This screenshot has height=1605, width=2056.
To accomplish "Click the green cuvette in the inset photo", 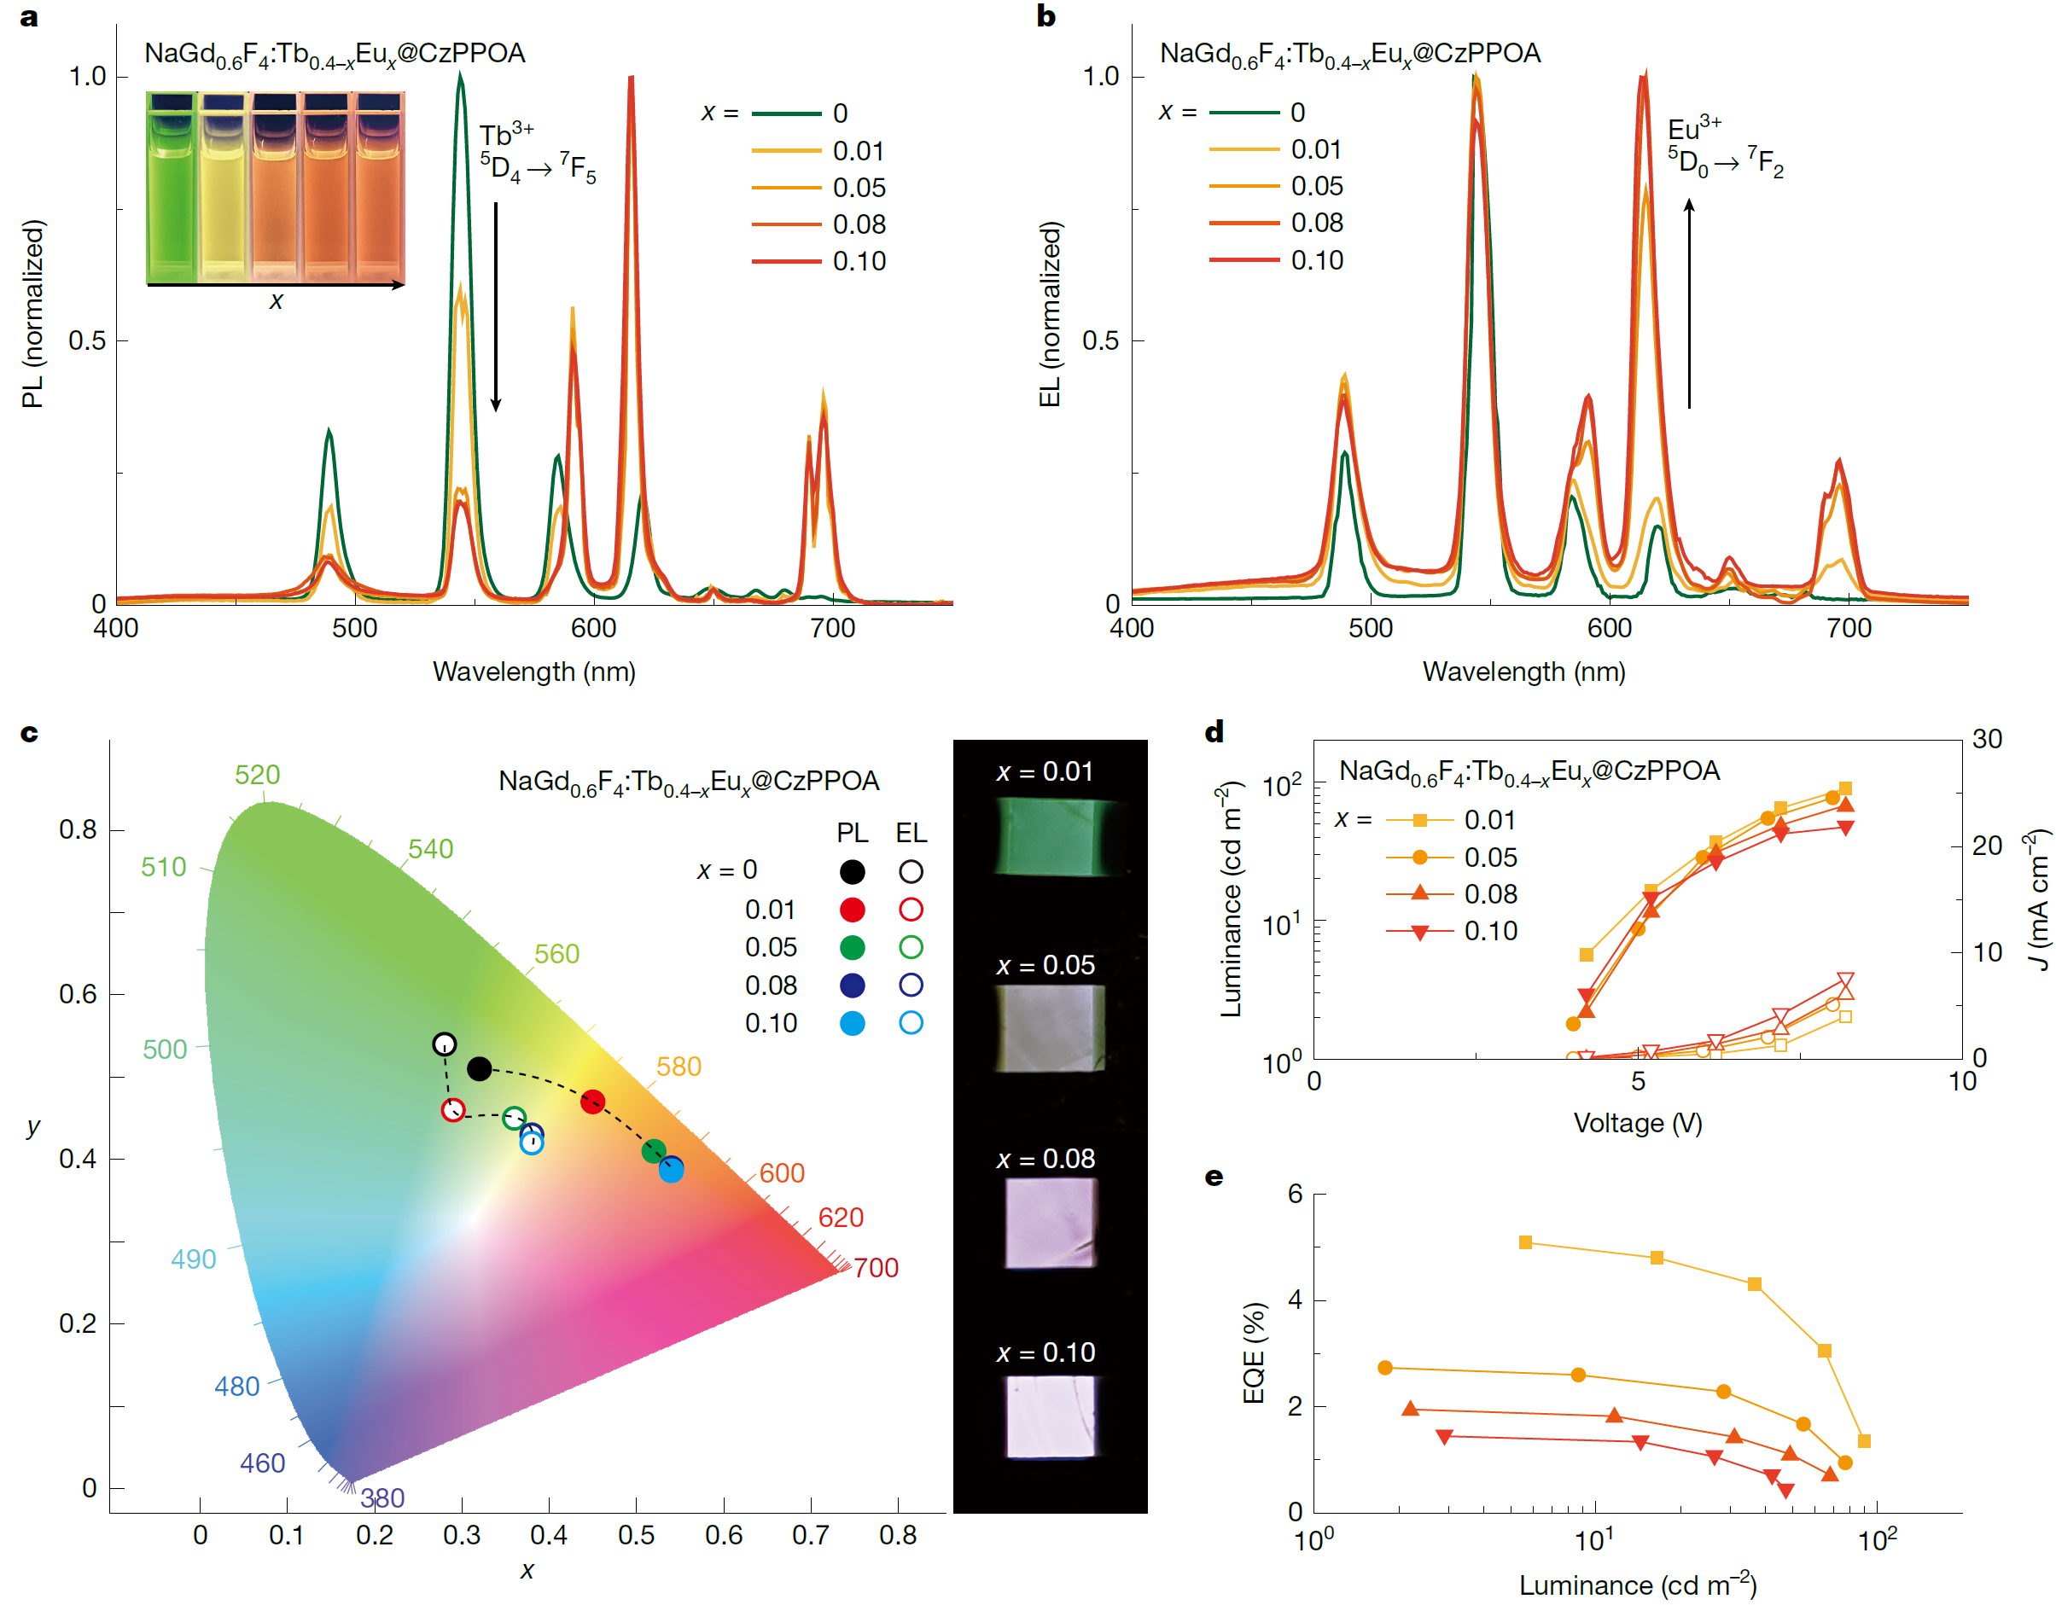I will pos(172,189).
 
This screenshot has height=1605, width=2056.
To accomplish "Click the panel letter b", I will pos(1045,16).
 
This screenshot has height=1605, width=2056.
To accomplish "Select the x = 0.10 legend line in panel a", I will pos(786,261).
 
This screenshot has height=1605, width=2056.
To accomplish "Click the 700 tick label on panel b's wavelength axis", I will pos(1848,628).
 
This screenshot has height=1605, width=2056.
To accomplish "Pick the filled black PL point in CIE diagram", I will pos(479,1068).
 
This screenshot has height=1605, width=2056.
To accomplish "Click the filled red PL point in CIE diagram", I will pos(592,1102).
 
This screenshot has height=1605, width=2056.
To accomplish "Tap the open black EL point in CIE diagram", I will pos(445,1044).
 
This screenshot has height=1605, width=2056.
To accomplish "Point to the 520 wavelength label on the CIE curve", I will pos(257,775).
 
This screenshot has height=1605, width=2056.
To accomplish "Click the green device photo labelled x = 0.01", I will pos(1049,836).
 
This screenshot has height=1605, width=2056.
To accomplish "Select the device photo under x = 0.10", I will pos(1051,1416).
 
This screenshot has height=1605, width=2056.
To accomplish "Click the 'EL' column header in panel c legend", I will pos(911,833).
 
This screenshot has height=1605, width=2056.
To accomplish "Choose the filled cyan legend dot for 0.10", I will pos(852,1023).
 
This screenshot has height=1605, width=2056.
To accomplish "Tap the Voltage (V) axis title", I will pos(1637,1123).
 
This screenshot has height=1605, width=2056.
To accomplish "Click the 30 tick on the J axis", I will pos(1986,739).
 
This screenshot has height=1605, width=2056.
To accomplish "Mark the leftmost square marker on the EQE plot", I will pos(1525,1242).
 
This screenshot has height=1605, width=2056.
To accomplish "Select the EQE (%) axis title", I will pos(1253,1352).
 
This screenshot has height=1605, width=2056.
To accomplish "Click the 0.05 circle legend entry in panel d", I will pos(1420,857).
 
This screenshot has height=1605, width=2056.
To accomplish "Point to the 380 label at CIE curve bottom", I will pos(382,1497).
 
